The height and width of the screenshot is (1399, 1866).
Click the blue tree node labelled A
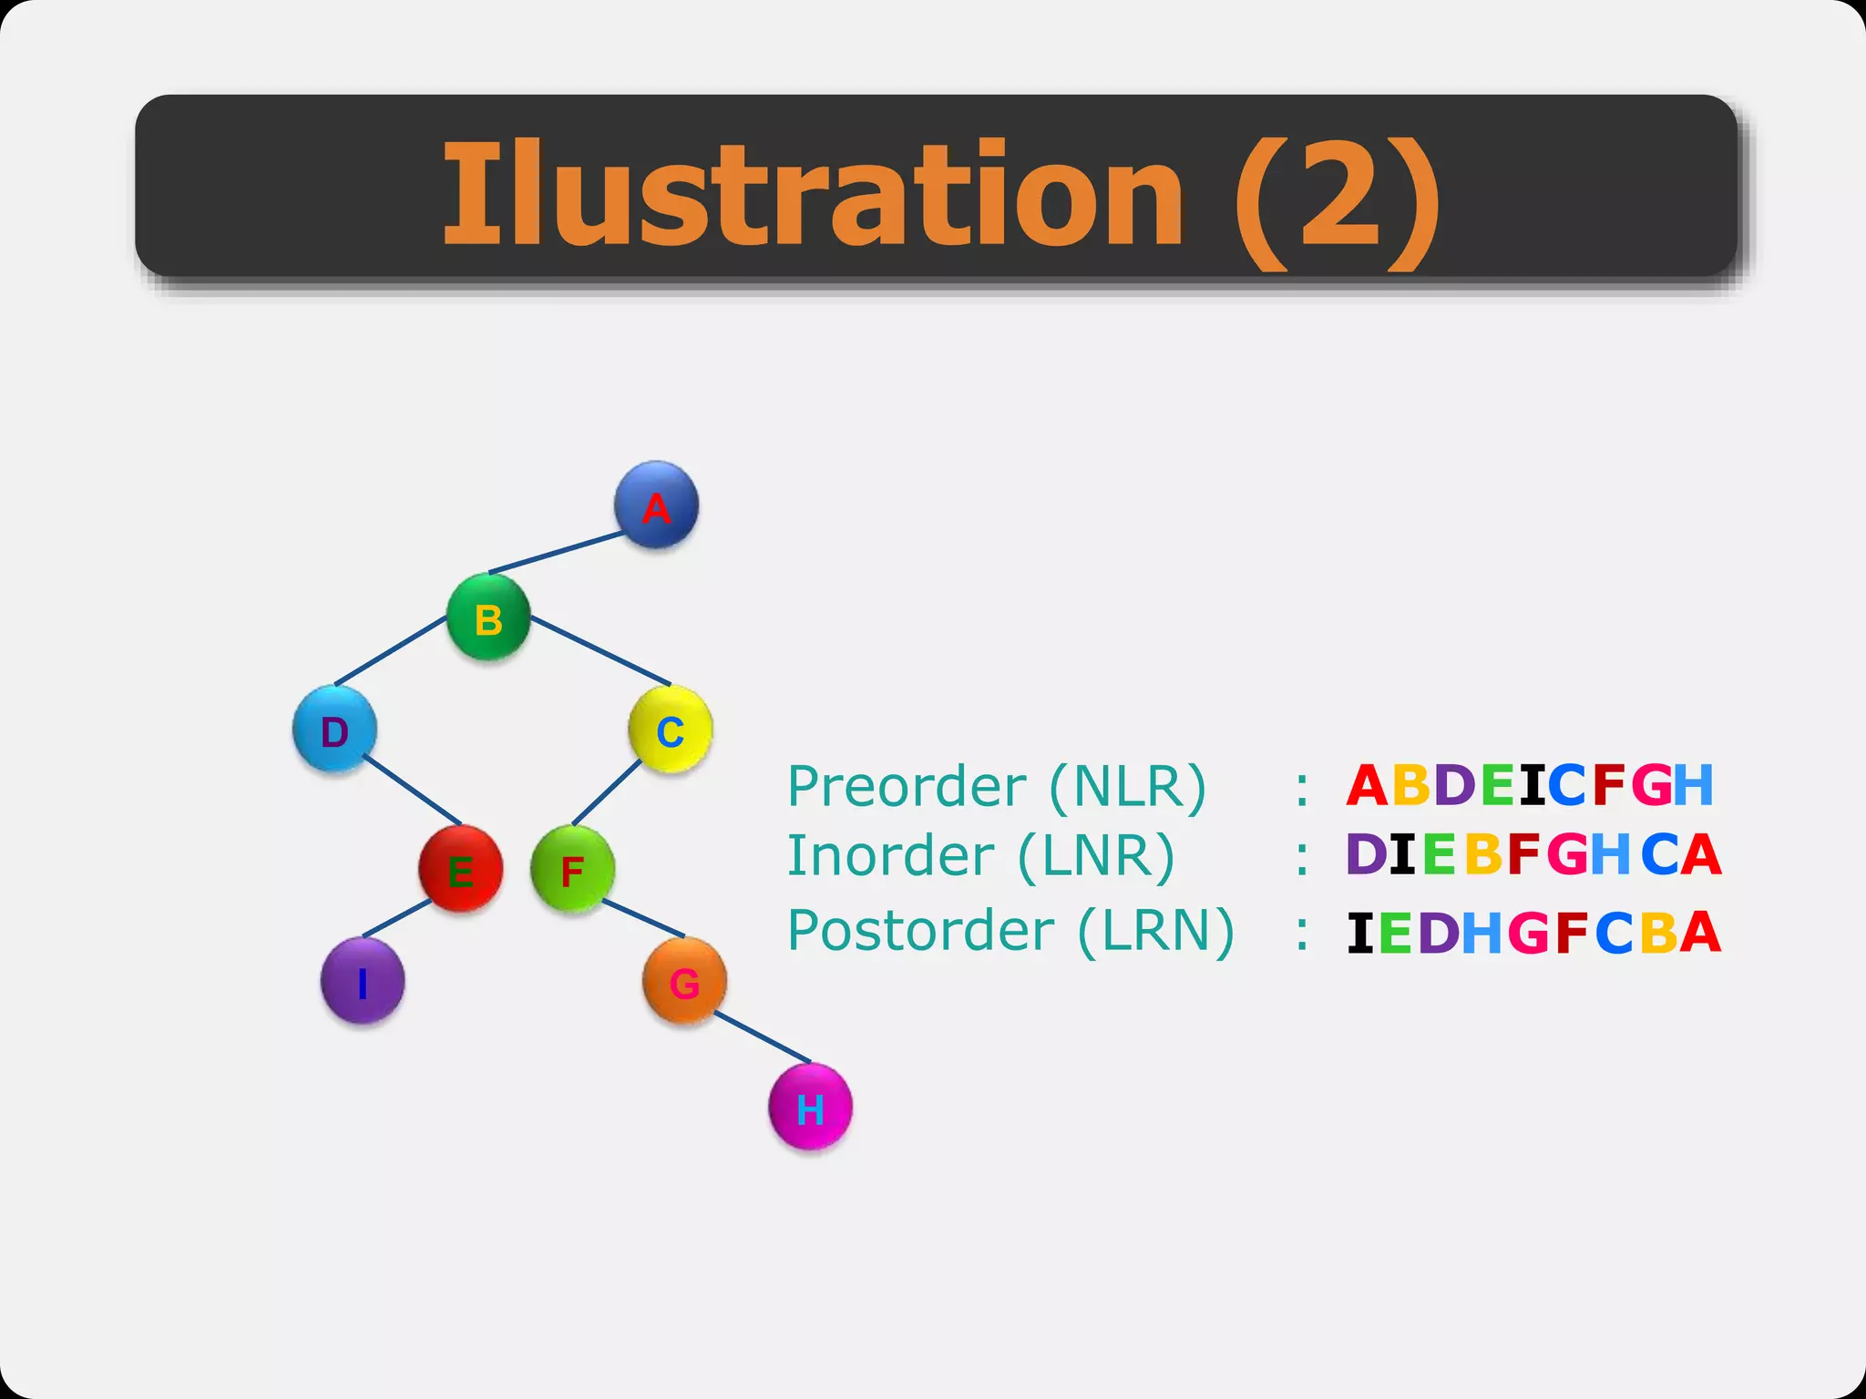[x=656, y=505]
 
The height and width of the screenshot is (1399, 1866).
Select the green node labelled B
[x=488, y=618]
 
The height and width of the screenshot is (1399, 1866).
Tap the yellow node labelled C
[x=671, y=730]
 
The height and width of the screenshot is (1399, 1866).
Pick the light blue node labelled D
[x=334, y=730]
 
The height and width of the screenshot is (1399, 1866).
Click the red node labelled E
[x=460, y=870]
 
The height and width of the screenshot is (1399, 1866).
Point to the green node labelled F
[x=572, y=870]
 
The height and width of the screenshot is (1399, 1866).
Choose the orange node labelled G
[x=684, y=981]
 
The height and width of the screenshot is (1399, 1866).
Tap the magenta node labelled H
[x=810, y=1107]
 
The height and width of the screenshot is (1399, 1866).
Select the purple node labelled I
[x=363, y=982]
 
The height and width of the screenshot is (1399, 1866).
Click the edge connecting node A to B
[x=558, y=553]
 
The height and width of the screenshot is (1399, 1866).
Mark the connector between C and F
[x=607, y=792]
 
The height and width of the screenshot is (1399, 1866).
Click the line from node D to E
[x=412, y=789]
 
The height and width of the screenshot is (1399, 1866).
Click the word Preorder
[x=906, y=785]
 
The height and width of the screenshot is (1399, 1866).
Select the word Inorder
[x=890, y=855]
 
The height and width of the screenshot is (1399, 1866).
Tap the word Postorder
[x=920, y=930]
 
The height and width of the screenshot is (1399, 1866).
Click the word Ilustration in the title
[x=813, y=194]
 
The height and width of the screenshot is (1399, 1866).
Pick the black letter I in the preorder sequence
[x=1533, y=785]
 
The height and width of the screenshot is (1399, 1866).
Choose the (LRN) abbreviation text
[x=1155, y=931]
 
